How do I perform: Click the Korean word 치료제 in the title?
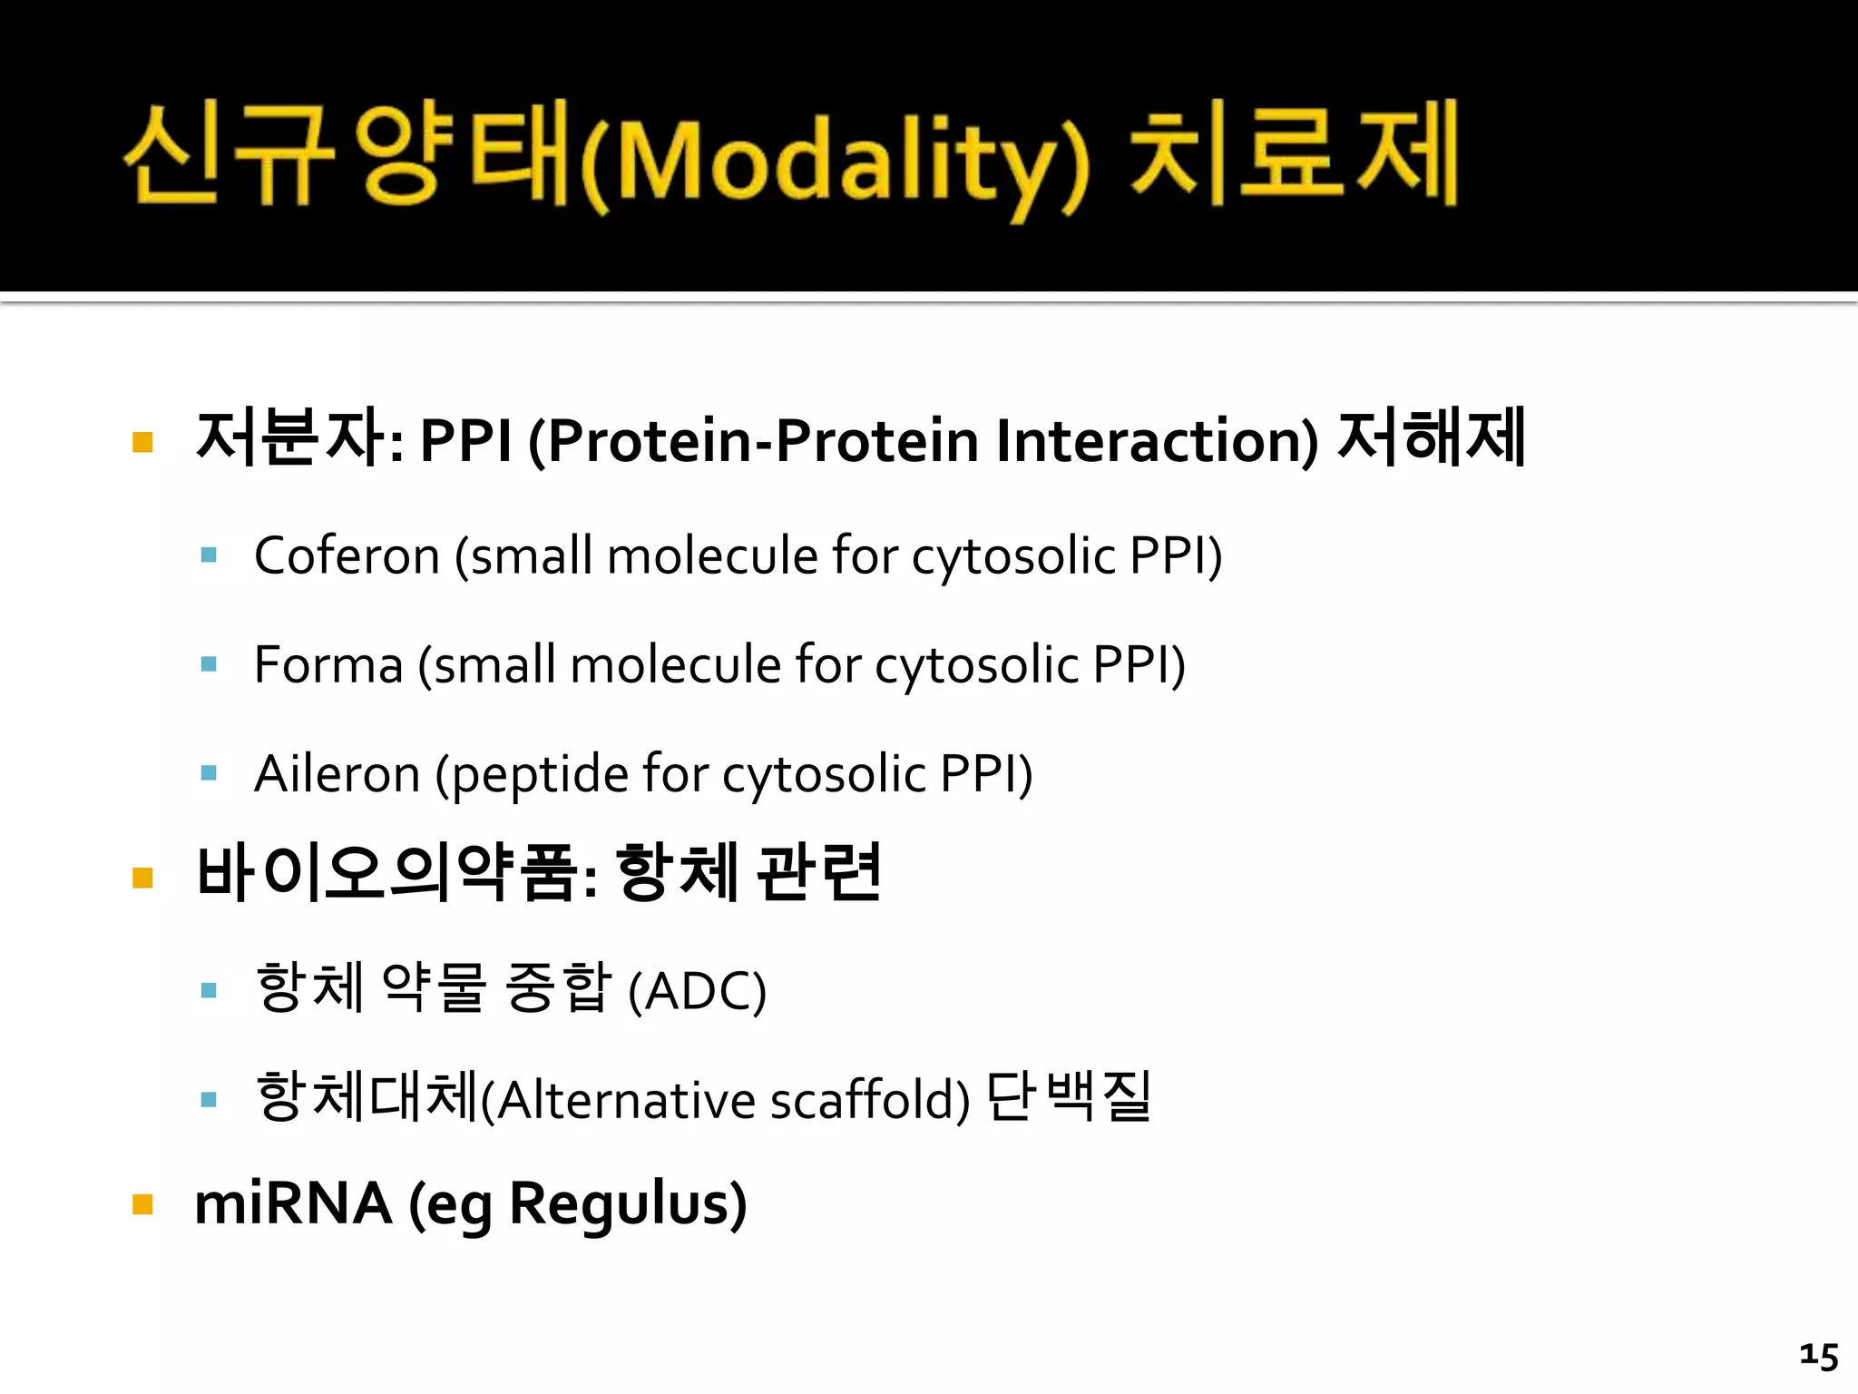point(1293,154)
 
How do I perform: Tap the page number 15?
point(1818,1356)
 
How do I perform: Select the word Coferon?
point(347,555)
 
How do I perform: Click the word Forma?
point(328,664)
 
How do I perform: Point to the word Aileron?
point(337,774)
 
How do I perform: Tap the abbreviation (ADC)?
point(697,991)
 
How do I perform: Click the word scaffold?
point(869,1100)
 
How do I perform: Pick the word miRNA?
point(293,1204)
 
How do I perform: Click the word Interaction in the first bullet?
point(1155,440)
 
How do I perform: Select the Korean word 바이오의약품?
point(387,873)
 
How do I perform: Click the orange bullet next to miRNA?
point(142,1204)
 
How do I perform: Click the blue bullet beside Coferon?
point(209,555)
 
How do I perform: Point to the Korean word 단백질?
point(1068,1096)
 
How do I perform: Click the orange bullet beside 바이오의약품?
point(142,877)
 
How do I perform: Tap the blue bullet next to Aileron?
point(209,773)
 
